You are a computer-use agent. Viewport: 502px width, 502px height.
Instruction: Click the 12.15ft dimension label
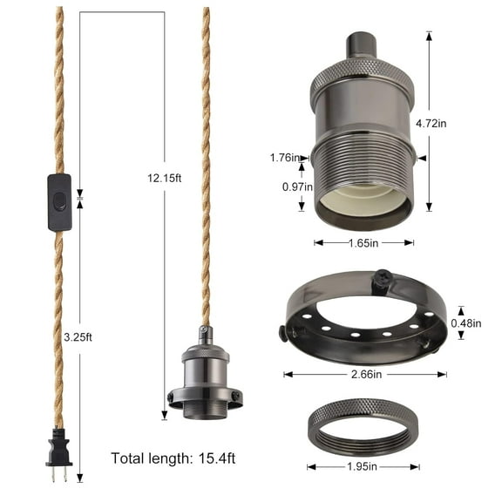(166, 179)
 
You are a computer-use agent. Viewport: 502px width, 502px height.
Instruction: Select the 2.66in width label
(365, 374)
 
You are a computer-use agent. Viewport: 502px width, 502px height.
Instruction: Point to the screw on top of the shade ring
(380, 279)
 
